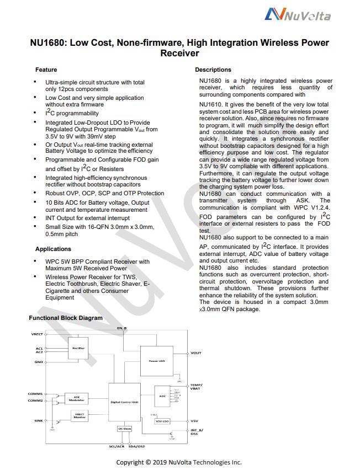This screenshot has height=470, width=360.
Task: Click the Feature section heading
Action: (46, 70)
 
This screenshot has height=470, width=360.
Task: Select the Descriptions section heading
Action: (213, 70)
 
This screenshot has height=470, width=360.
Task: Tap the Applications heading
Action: (53, 249)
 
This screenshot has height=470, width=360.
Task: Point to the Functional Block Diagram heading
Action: (65, 318)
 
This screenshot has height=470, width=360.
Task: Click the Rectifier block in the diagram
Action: (77, 349)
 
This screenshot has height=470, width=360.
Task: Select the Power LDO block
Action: (156, 361)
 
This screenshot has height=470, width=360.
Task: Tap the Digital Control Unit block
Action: (124, 402)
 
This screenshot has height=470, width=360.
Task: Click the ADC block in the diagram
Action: (162, 397)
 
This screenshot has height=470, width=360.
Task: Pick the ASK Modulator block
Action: (76, 398)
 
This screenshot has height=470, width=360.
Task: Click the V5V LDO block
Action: (162, 421)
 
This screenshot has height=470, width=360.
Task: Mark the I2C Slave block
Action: (124, 429)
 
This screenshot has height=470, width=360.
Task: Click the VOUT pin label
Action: (195, 353)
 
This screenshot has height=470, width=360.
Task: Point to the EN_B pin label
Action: (122, 328)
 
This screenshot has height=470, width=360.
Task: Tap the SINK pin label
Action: (38, 421)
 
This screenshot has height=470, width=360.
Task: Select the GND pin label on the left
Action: (38, 362)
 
